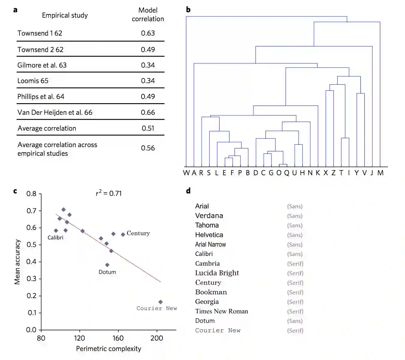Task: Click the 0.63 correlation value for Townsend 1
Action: [x=148, y=33]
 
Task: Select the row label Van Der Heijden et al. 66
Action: [x=55, y=112]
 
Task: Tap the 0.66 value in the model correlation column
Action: [x=148, y=112]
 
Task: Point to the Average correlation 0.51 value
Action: [x=148, y=128]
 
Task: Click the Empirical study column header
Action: [x=65, y=15]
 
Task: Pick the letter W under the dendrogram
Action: [x=186, y=173]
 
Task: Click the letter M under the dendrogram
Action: [x=380, y=173]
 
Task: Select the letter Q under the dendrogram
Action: [x=287, y=173]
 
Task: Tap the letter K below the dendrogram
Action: [x=318, y=173]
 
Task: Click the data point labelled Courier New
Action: [x=160, y=302]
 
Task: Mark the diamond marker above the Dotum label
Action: [x=107, y=265]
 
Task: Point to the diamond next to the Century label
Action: [x=123, y=234]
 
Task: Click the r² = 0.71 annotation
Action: [x=109, y=193]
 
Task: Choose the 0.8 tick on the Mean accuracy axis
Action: [x=31, y=194]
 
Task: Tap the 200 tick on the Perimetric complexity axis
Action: [x=157, y=338]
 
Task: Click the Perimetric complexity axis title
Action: [x=108, y=349]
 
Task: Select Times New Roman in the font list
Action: [x=221, y=311]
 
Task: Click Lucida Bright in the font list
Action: [x=217, y=273]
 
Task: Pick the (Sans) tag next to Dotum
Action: [x=295, y=321]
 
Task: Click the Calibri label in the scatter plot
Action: [x=55, y=237]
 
